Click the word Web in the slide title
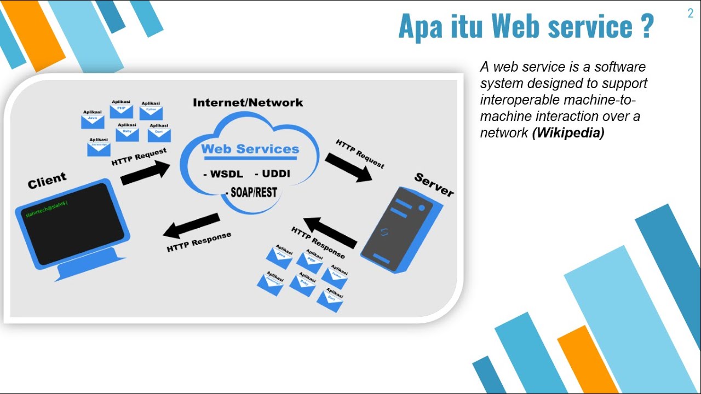(x=515, y=26)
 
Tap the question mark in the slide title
(x=646, y=26)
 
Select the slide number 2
(x=691, y=14)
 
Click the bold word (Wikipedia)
(x=568, y=133)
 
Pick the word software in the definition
(x=620, y=67)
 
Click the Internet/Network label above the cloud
(x=248, y=102)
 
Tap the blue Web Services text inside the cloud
(x=250, y=149)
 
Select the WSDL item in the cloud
(x=224, y=175)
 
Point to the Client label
(x=47, y=180)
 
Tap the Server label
(x=434, y=184)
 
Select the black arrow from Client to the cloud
(x=145, y=172)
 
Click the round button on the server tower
(x=422, y=208)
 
